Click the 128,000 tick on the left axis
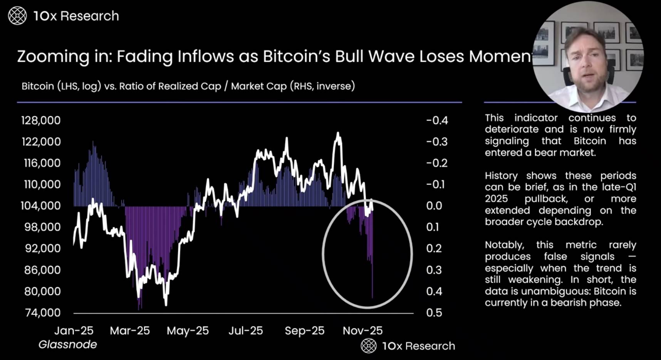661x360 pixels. pyautogui.click(x=41, y=120)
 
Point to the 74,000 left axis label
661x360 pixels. pyautogui.click(x=43, y=313)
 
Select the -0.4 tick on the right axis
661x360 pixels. pyautogui.click(x=437, y=120)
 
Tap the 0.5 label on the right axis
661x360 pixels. pyautogui.click(x=434, y=313)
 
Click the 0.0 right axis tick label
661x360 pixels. pyautogui.click(x=434, y=206)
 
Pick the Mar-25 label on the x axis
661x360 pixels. pyautogui.click(x=130, y=331)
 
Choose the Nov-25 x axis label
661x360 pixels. pyautogui.click(x=362, y=331)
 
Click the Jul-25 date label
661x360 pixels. pyautogui.click(x=246, y=331)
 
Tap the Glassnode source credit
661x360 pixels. pyautogui.click(x=68, y=345)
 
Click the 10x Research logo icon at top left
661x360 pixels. pyautogui.click(x=17, y=16)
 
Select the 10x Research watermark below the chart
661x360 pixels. pyautogui.click(x=408, y=346)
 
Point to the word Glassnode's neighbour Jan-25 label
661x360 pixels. pyautogui.click(x=74, y=331)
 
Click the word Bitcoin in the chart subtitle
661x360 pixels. pyautogui.click(x=38, y=86)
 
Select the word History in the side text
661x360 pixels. pyautogui.click(x=501, y=176)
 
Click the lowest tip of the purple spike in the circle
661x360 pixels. pyautogui.click(x=372, y=298)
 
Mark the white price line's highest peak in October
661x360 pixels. pyautogui.click(x=338, y=133)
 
